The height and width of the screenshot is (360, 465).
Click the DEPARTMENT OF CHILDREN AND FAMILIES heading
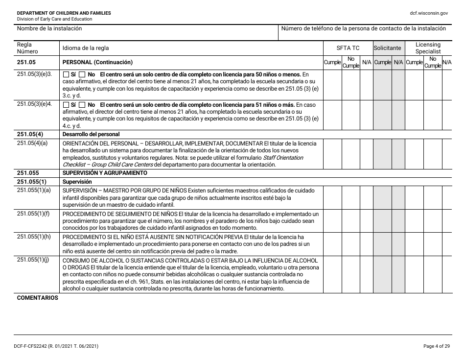[64, 13]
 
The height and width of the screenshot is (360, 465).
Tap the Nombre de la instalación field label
[49, 28]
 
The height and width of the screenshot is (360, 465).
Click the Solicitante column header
[387, 48]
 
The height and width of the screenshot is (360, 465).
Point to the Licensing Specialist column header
[428, 48]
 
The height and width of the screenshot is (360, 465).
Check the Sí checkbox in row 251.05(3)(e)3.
[66, 74]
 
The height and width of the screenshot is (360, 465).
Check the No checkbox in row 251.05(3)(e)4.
[82, 105]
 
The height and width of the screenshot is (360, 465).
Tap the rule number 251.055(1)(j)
[33, 260]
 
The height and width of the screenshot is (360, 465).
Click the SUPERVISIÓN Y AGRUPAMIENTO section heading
[105, 173]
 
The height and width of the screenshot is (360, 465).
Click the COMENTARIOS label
[37, 298]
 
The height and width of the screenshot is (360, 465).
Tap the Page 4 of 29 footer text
[436, 346]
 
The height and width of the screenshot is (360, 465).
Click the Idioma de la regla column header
[86, 48]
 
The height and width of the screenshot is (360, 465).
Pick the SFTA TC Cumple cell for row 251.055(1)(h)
[332, 243]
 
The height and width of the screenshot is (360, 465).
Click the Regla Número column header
[27, 48]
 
